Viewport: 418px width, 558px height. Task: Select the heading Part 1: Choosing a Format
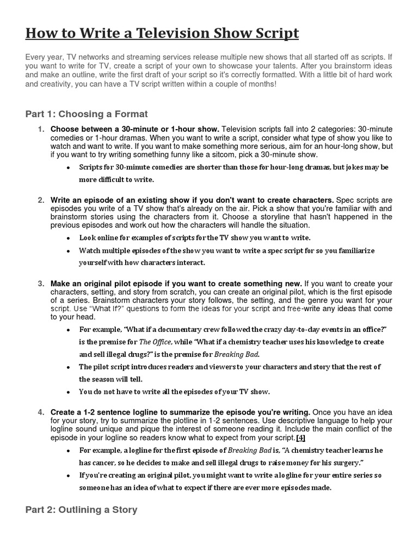coord(87,114)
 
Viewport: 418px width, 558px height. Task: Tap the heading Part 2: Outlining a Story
coord(81,510)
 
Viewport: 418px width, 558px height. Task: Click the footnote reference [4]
coord(299,438)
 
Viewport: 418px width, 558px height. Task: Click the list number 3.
coord(41,283)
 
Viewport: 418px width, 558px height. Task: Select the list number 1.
coord(41,129)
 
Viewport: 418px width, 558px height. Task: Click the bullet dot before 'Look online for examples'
coord(67,238)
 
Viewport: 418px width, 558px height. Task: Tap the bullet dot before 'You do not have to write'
coord(67,392)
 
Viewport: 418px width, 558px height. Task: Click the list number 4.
coord(41,412)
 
